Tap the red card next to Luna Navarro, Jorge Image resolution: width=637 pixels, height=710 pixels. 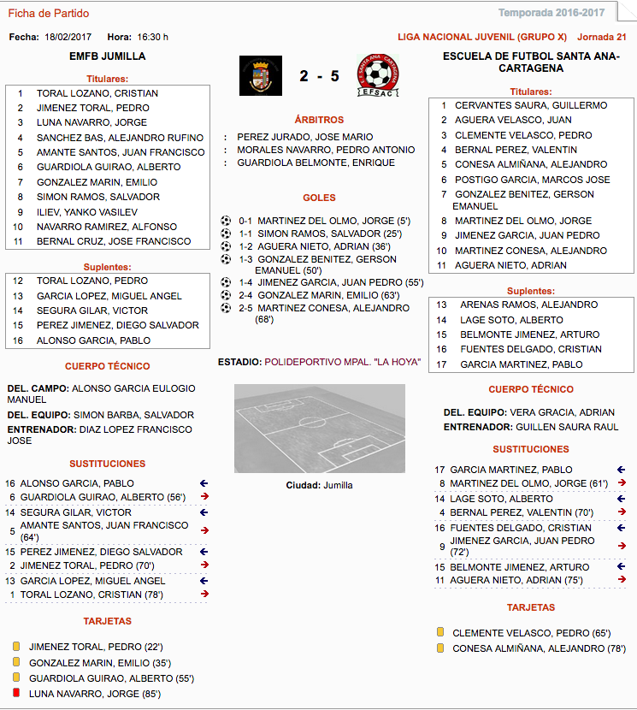[x=16, y=693]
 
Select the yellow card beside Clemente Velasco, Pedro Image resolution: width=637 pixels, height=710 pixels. [x=440, y=632]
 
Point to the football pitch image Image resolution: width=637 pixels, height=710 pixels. [x=319, y=428]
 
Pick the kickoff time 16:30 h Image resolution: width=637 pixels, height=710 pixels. [x=153, y=37]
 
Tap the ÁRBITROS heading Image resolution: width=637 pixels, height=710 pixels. [x=319, y=120]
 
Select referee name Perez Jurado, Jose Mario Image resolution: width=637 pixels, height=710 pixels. [x=305, y=136]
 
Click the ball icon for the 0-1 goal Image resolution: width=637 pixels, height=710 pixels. [x=227, y=220]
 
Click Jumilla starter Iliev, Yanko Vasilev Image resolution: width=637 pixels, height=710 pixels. [x=87, y=211]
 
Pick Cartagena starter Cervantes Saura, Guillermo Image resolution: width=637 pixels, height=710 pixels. [x=531, y=105]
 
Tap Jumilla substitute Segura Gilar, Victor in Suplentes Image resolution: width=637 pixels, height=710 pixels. [x=84, y=311]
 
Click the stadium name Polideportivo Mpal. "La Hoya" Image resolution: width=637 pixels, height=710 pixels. [x=343, y=362]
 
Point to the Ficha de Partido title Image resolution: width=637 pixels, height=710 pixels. [x=48, y=14]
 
